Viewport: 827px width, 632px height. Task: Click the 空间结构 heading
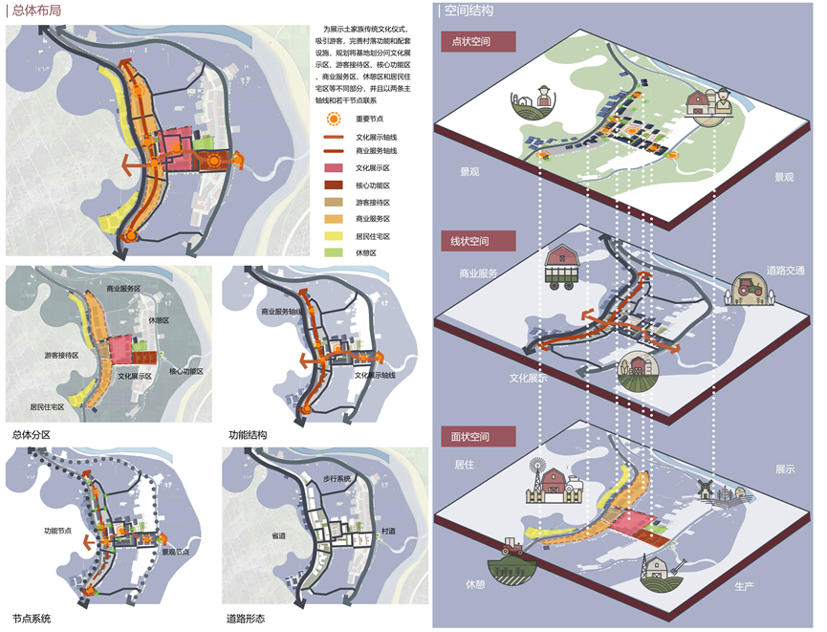point(470,11)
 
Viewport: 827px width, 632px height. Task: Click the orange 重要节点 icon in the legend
point(333,120)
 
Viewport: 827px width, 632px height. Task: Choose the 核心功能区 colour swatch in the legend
point(334,185)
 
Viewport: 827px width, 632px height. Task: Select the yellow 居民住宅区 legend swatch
point(334,235)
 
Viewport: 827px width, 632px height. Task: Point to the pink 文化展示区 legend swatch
point(334,168)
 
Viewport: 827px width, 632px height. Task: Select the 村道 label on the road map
point(388,531)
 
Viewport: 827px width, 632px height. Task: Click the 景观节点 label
point(176,552)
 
